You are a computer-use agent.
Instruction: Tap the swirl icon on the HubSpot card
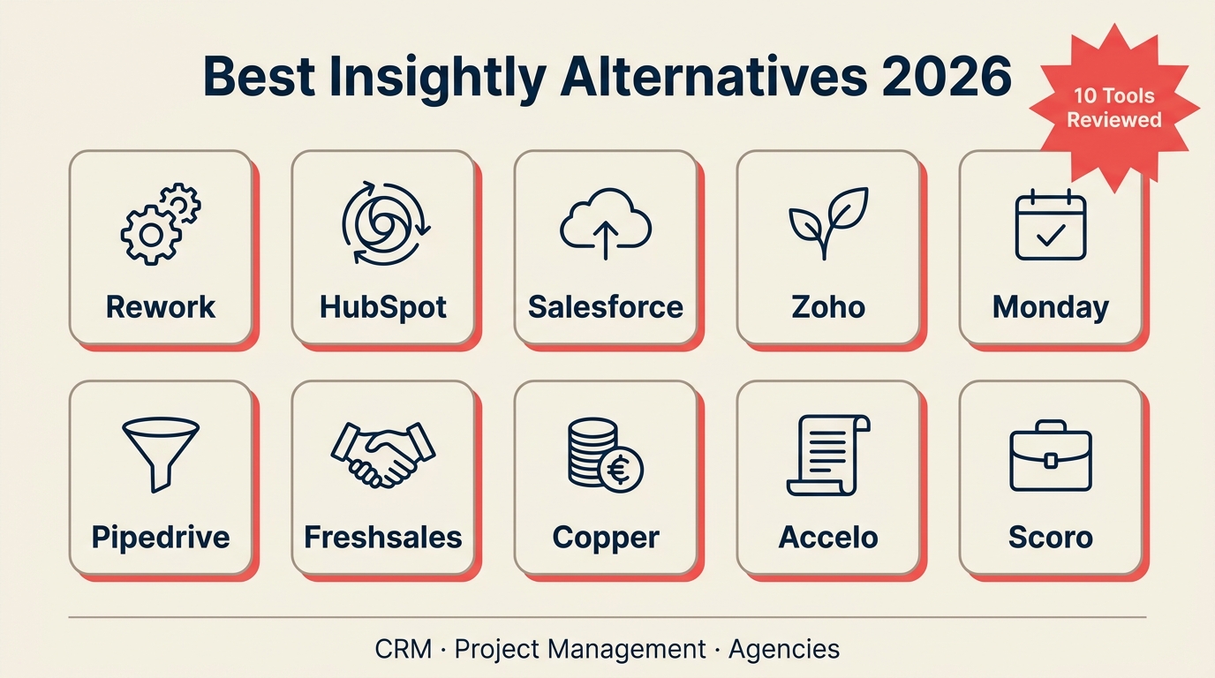tap(384, 222)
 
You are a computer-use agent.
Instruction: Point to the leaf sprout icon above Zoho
tap(827, 222)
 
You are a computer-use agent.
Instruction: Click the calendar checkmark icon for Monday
tap(1051, 225)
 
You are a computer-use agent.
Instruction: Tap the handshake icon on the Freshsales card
tap(383, 453)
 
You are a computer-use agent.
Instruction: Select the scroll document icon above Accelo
tap(827, 455)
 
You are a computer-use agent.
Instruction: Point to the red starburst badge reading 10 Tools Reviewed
tap(1113, 108)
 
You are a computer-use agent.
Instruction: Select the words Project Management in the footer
tap(580, 649)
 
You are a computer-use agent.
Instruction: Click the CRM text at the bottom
tap(404, 649)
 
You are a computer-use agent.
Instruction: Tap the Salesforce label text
tap(606, 307)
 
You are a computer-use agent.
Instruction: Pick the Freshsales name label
tap(383, 537)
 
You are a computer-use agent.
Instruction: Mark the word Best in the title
tap(258, 77)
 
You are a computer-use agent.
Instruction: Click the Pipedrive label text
tap(161, 537)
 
